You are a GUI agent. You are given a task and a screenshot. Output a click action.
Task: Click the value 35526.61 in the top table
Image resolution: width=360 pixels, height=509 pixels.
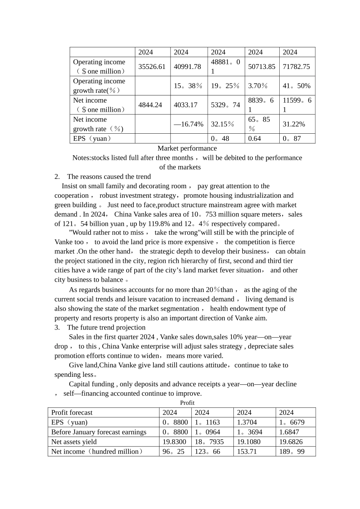click(x=152, y=67)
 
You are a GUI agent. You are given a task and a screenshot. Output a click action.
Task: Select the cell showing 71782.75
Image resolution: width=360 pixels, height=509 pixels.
click(x=296, y=67)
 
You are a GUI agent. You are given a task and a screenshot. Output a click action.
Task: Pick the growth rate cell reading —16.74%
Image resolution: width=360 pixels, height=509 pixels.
click(x=188, y=124)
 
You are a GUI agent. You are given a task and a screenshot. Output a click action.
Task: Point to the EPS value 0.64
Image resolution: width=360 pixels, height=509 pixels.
click(x=255, y=139)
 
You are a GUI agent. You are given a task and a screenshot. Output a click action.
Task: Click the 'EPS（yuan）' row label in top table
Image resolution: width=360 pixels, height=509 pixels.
click(x=92, y=139)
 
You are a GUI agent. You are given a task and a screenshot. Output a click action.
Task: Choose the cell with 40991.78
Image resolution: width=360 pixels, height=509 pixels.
click(x=188, y=67)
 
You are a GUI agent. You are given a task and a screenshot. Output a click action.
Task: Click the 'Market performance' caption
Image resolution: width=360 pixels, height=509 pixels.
click(x=187, y=148)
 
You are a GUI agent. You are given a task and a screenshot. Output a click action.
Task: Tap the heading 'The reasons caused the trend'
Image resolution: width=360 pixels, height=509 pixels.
click(x=109, y=176)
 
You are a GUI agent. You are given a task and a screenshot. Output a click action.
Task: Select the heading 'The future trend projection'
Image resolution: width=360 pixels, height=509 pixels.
click(x=106, y=328)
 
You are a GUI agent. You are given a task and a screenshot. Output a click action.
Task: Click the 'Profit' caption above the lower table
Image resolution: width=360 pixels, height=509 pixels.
click(x=187, y=403)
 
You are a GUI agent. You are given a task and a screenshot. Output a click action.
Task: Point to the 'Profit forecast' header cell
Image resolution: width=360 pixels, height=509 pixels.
click(x=72, y=413)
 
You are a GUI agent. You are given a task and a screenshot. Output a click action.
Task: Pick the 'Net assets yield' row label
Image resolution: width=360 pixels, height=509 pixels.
click(x=74, y=442)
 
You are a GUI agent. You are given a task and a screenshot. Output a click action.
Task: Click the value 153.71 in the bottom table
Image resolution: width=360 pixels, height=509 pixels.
click(x=247, y=452)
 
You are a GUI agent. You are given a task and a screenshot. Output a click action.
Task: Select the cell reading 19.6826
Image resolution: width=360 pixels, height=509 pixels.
click(x=291, y=442)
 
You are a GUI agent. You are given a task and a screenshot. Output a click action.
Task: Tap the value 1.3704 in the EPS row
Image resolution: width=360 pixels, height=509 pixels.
click(x=247, y=423)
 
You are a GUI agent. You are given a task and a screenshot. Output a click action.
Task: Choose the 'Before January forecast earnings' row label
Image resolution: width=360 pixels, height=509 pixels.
click(x=99, y=432)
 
